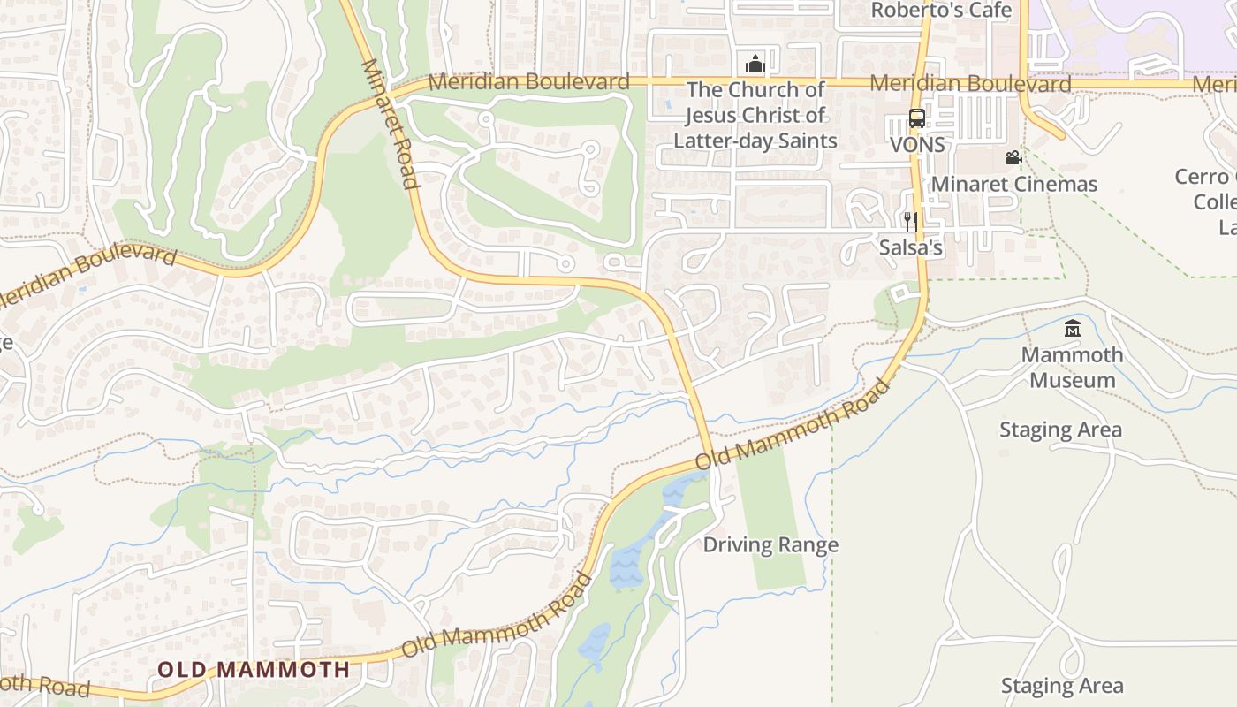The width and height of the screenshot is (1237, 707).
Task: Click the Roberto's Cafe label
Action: pyautogui.click(x=941, y=11)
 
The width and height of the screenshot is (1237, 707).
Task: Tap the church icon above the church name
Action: pyautogui.click(x=755, y=64)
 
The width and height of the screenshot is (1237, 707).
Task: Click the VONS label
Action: pyautogui.click(x=917, y=144)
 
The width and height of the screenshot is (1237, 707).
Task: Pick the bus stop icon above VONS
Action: pyautogui.click(x=917, y=118)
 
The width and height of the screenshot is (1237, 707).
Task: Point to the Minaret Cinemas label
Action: pyautogui.click(x=1014, y=184)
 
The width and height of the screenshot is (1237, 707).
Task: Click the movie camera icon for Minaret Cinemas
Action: pyautogui.click(x=1013, y=158)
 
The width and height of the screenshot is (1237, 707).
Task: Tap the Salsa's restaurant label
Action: pyautogui.click(x=910, y=247)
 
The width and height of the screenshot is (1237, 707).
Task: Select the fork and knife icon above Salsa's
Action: pyautogui.click(x=910, y=221)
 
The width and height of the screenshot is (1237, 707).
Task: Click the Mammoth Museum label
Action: pyautogui.click(x=1073, y=367)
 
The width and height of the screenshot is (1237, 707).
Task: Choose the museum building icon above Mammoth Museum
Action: pyautogui.click(x=1073, y=329)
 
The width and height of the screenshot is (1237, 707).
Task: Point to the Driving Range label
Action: pyautogui.click(x=770, y=544)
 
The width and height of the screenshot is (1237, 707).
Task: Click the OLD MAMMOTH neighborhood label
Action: pyautogui.click(x=254, y=669)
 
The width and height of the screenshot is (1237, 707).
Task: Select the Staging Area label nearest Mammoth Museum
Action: pyautogui.click(x=1060, y=430)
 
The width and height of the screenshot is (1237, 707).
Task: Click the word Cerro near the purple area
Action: pyautogui.click(x=1202, y=176)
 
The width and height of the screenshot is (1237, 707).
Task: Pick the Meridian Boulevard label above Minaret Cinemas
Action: pyautogui.click(x=970, y=84)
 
